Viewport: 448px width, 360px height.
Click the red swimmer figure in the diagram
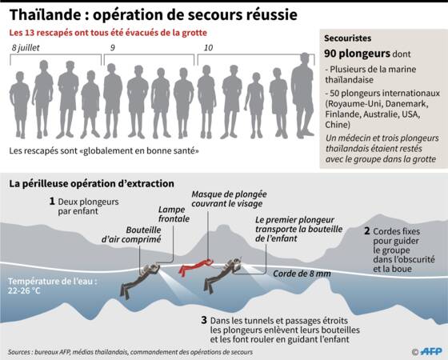(x=196, y=267)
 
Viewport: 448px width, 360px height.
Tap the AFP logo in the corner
(x=431, y=351)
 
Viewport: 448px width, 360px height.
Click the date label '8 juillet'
(x=26, y=48)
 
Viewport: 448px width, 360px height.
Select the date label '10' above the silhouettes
(x=208, y=48)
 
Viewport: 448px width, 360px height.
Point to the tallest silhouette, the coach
(x=303, y=95)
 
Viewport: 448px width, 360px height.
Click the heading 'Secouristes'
(x=347, y=38)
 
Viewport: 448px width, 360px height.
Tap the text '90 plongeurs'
(x=357, y=54)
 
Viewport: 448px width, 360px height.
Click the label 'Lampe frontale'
(x=174, y=214)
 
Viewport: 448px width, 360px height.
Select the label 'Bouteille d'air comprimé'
(x=131, y=234)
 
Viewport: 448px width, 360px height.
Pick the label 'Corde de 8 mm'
(x=302, y=274)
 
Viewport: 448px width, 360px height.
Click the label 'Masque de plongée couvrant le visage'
(x=229, y=199)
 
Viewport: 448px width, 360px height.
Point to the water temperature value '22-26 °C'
(x=24, y=291)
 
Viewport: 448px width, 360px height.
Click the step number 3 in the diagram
(x=204, y=320)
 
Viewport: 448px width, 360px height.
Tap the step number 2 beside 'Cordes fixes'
(x=367, y=231)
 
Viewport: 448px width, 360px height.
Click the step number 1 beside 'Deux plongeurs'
(x=52, y=201)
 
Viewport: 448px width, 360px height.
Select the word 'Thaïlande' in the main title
(x=45, y=14)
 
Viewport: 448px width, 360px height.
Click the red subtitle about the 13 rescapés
(x=108, y=33)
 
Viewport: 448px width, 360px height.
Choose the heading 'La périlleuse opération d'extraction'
(x=91, y=183)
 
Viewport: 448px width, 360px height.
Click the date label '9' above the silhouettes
(x=113, y=48)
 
